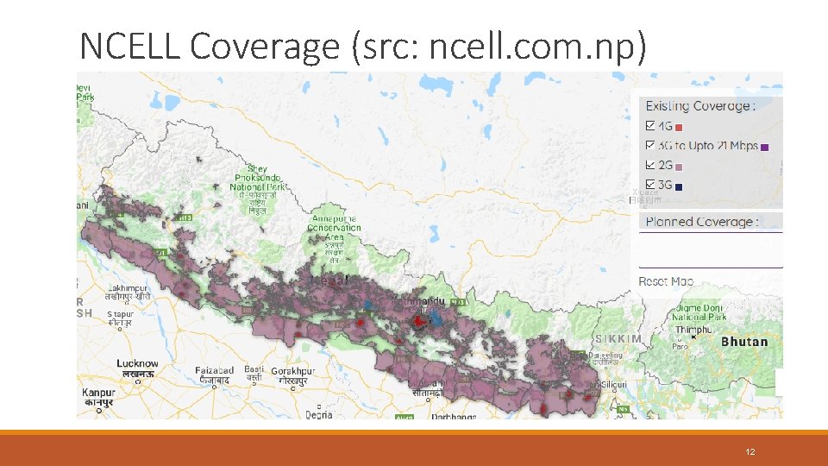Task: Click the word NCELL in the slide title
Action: point(130,46)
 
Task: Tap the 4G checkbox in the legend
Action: point(651,128)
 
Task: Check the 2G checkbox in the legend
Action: point(651,166)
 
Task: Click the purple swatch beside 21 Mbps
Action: point(765,148)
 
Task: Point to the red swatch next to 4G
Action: point(679,129)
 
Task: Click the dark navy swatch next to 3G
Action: point(679,186)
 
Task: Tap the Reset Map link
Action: point(666,281)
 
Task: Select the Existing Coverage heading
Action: point(699,106)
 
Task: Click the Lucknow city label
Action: point(138,363)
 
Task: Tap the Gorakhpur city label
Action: point(293,371)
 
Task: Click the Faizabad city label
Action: point(214,371)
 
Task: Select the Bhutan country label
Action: point(743,342)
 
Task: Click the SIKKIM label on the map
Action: point(618,339)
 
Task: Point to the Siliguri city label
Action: point(615,383)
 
